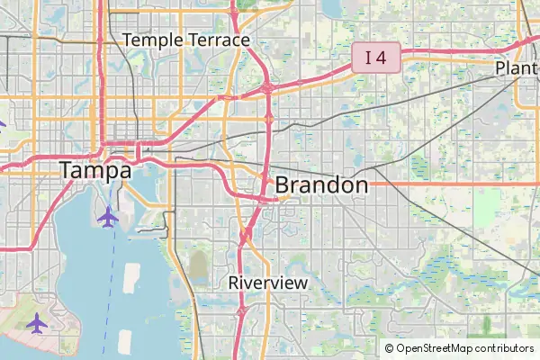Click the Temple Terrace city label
[186, 40]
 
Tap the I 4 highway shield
[375, 58]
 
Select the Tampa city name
[95, 170]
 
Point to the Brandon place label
[321, 185]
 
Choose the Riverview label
[268, 282]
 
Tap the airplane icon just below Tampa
[108, 216]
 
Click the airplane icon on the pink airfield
[37, 322]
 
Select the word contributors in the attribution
[505, 348]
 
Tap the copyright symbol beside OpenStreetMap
[390, 348]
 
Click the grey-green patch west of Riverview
[198, 266]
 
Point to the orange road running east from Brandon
[450, 184]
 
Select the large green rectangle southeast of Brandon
[487, 207]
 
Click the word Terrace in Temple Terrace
[220, 40]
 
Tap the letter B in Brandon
[283, 185]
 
